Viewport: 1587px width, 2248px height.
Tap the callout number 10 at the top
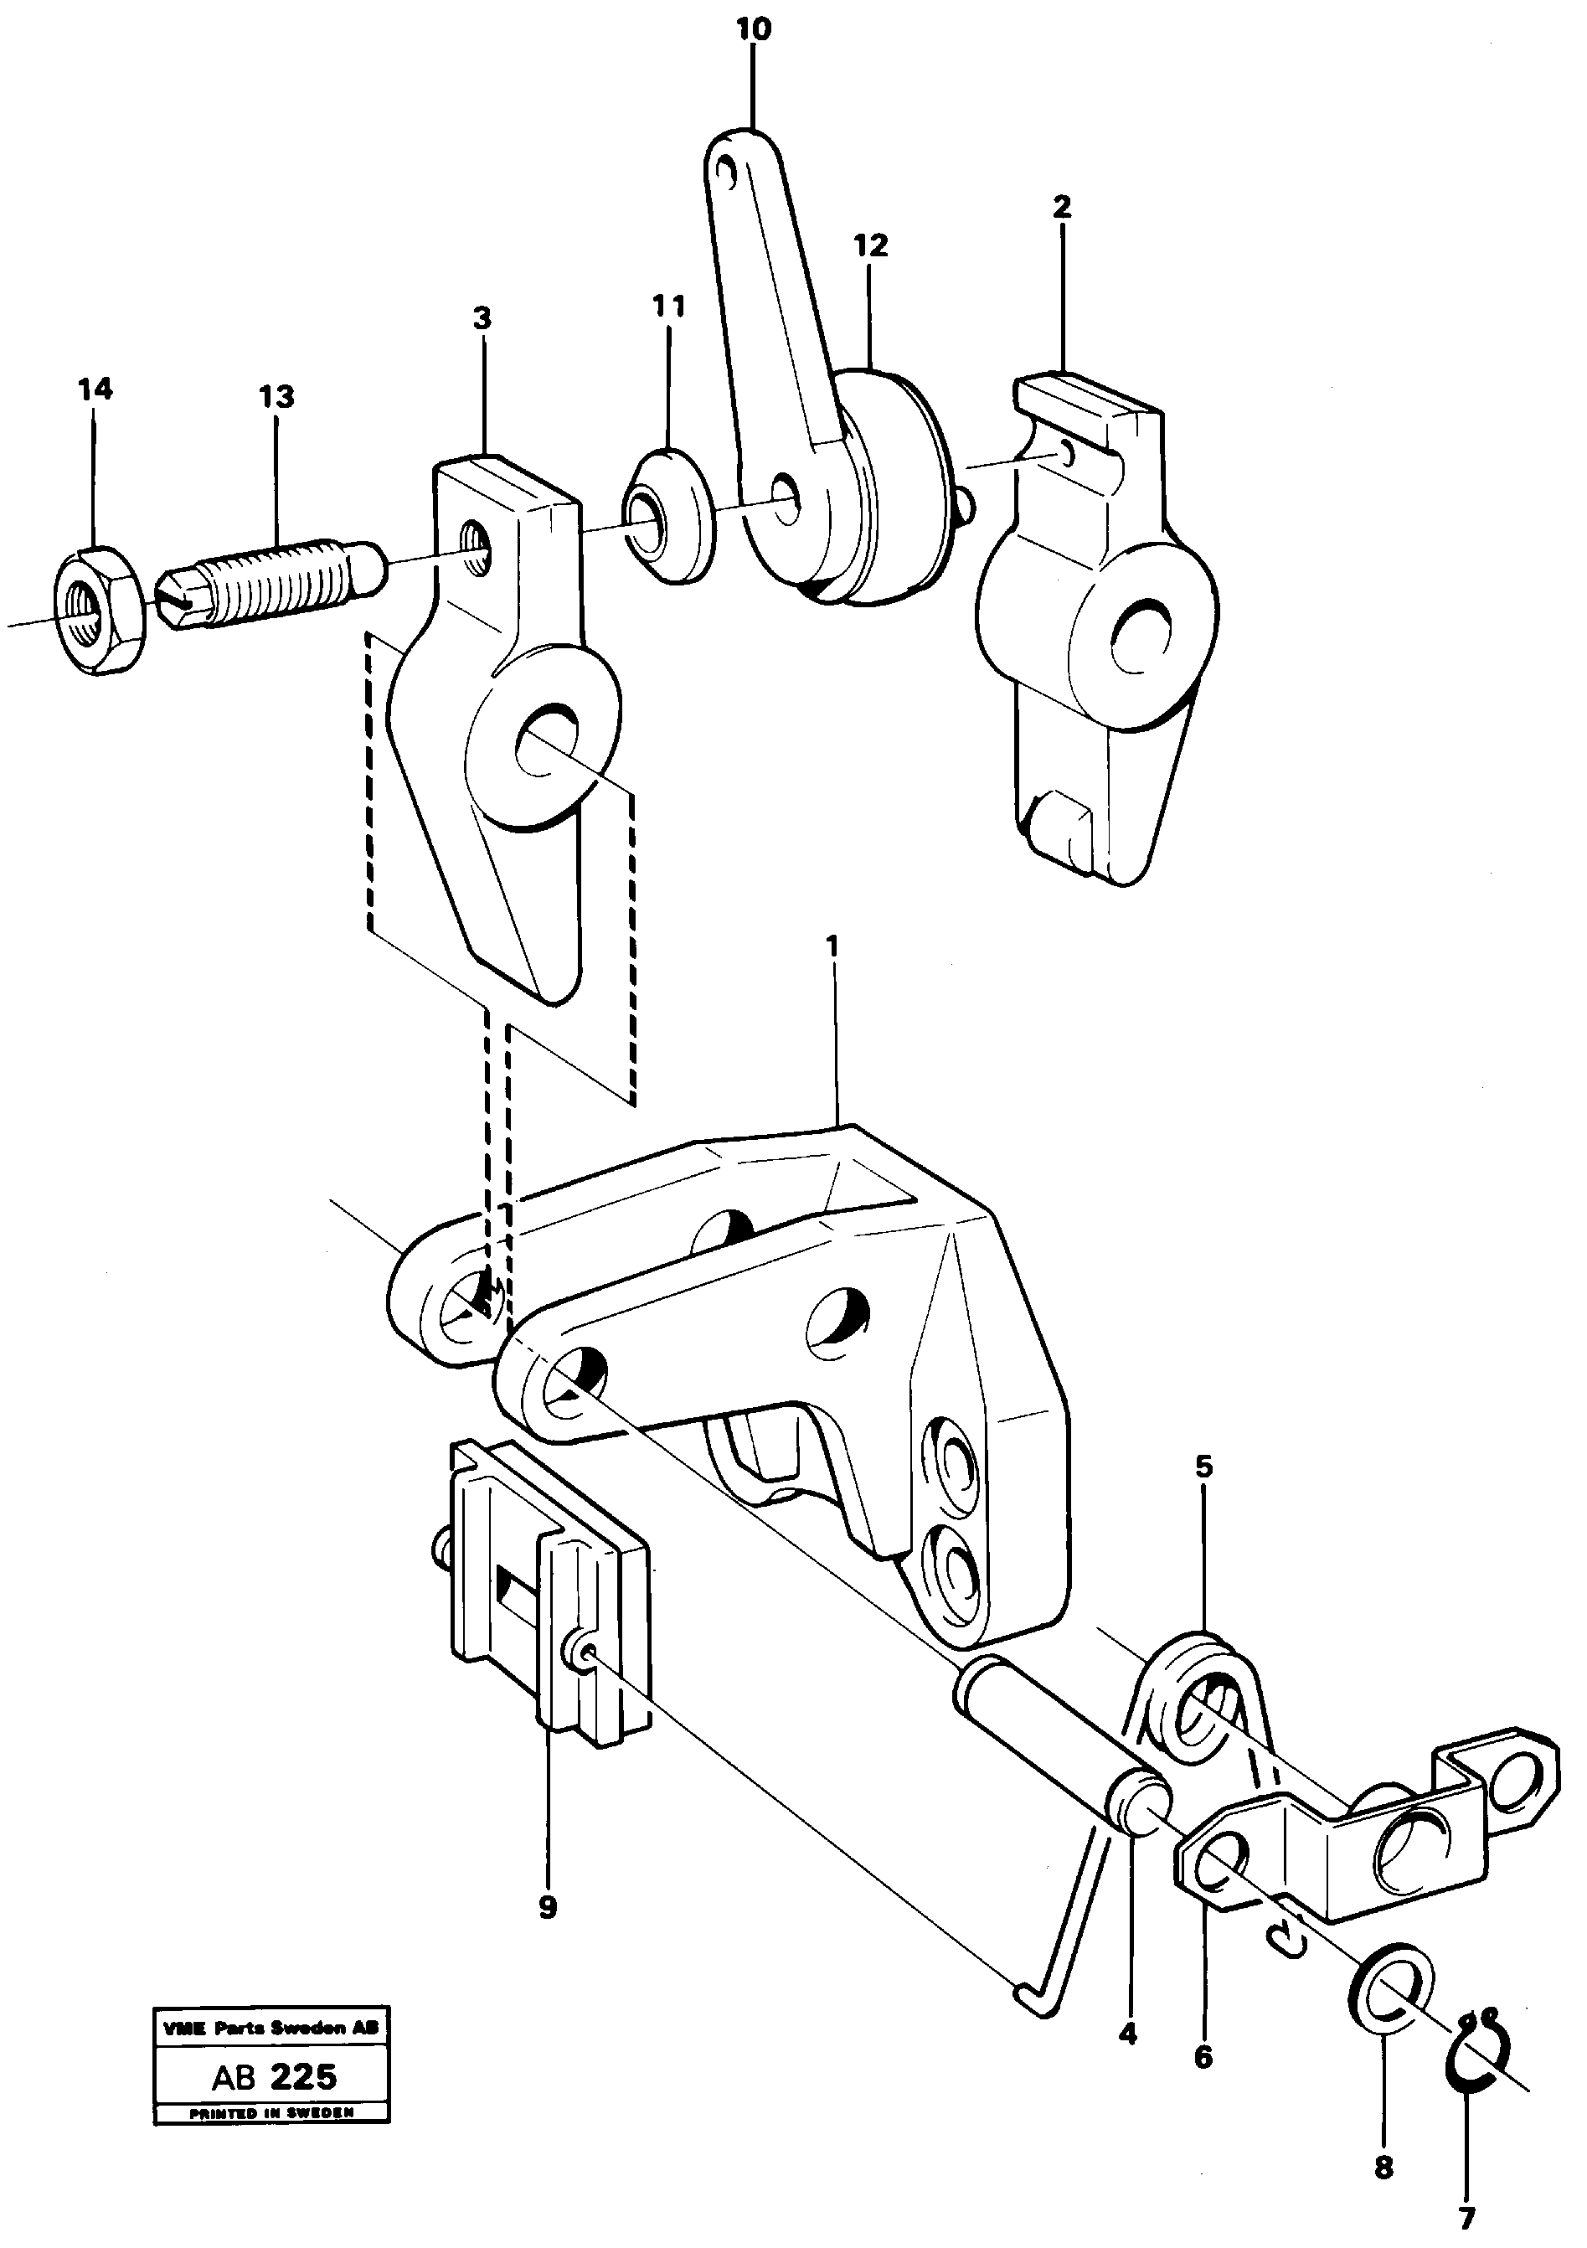pyautogui.click(x=753, y=29)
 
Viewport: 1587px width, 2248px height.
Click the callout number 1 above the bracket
pyautogui.click(x=833, y=948)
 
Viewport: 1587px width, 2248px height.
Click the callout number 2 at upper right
pyautogui.click(x=1062, y=207)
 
